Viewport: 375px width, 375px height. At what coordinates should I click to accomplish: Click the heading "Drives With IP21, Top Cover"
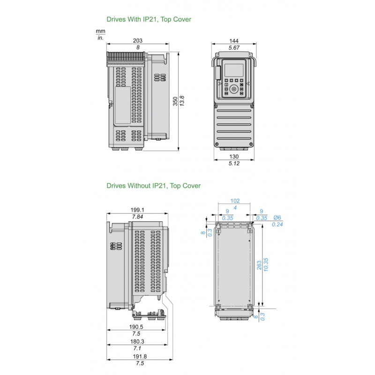point(149,20)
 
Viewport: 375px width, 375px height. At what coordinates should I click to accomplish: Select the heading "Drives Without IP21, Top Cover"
point(153,186)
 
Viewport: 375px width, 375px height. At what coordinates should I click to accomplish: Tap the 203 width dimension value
point(137,41)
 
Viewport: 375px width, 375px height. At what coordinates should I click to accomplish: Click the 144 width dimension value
point(234,41)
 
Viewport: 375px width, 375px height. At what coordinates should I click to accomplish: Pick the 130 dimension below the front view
point(234,156)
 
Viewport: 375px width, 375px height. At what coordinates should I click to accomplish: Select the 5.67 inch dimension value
point(234,48)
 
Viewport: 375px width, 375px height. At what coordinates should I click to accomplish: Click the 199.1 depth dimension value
point(137,210)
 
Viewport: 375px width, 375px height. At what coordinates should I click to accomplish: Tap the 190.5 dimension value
point(136,327)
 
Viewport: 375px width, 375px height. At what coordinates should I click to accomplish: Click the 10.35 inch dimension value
point(266,266)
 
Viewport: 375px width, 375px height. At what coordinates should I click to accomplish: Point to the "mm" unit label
point(100,30)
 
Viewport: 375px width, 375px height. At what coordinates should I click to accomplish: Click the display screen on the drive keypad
point(234,70)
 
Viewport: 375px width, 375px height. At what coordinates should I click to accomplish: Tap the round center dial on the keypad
point(234,89)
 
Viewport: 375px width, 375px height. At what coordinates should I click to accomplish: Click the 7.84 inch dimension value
point(137,217)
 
